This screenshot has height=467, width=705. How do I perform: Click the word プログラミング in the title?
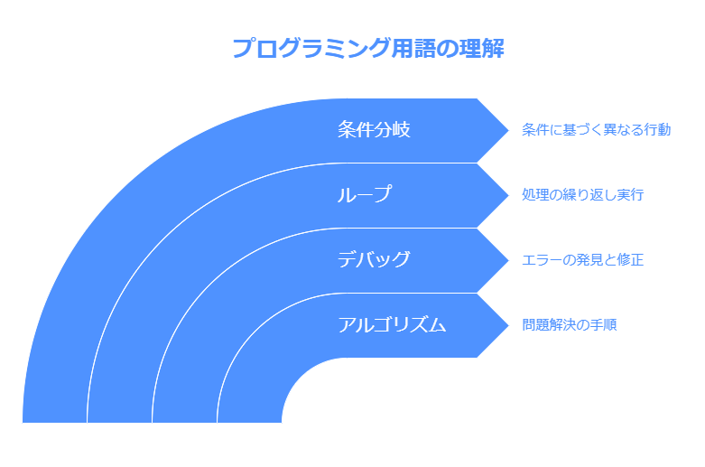pyautogui.click(x=311, y=48)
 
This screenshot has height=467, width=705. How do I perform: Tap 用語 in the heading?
pyautogui.click(x=413, y=48)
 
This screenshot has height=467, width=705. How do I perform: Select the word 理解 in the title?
pyautogui.click(x=481, y=48)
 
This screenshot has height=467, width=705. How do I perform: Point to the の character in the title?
pyautogui.click(x=448, y=49)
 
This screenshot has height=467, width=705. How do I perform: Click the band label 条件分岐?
pyautogui.click(x=374, y=129)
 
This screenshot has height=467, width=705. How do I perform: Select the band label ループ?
pyautogui.click(x=365, y=194)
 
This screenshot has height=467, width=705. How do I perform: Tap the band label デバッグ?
pyautogui.click(x=374, y=259)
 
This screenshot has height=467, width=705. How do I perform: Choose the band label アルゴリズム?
pyautogui.click(x=392, y=324)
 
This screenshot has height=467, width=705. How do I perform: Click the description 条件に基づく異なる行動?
pyautogui.click(x=596, y=129)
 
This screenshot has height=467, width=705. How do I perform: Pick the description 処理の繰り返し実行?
pyautogui.click(x=583, y=195)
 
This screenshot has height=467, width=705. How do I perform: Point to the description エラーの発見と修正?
pyautogui.click(x=583, y=259)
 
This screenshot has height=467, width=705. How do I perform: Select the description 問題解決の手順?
pyautogui.click(x=570, y=324)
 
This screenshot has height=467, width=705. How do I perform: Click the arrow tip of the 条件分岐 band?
pyautogui.click(x=508, y=130)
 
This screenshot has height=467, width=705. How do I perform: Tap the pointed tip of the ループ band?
pyautogui.click(x=508, y=195)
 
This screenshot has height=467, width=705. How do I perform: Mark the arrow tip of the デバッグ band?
pyautogui.click(x=508, y=260)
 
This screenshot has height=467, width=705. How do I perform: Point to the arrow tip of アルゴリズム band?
pyautogui.click(x=508, y=325)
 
